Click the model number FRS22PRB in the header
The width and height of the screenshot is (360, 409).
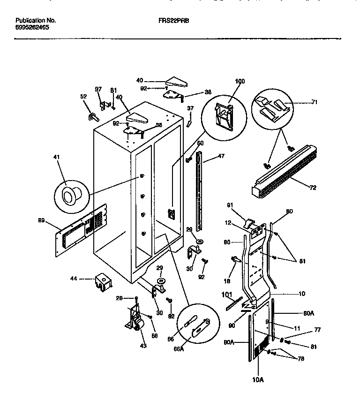coord(177,21)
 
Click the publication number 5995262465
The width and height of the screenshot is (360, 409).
coord(32,28)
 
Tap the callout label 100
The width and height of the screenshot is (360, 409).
coord(240,81)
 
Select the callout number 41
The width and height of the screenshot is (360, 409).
coord(59,164)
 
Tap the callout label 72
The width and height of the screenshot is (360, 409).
coord(313,188)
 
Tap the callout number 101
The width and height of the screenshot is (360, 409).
coord(226,295)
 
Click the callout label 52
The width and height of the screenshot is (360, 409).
coord(84,97)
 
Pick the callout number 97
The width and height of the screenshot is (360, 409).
coord(98,89)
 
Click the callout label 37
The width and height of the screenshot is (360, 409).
coord(190,108)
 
